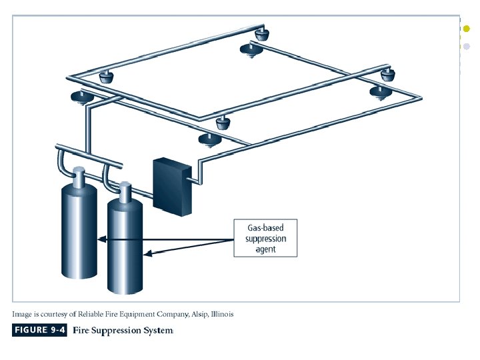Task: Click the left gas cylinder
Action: coord(79,227)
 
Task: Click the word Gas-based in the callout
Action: coord(265,228)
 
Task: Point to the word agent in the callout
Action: coord(265,249)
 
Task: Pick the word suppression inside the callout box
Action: coord(265,239)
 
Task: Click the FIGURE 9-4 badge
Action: coord(39,330)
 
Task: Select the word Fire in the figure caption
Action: coord(81,330)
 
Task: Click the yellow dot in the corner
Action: coord(467,29)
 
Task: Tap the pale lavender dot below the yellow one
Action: coord(467,47)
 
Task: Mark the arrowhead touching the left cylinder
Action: coord(100,239)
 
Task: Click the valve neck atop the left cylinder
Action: coord(79,177)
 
